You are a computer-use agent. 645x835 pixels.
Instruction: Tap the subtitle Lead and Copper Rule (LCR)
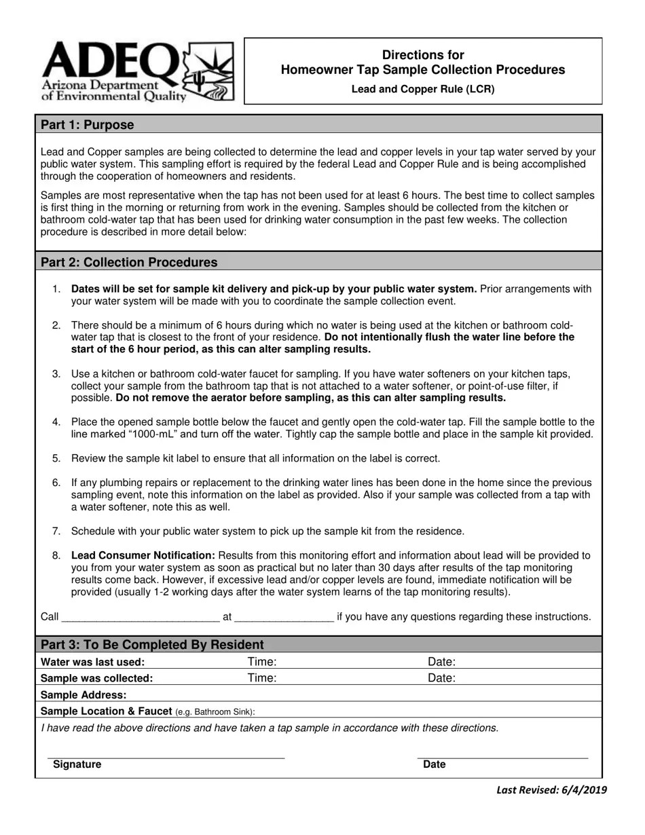click(x=422, y=89)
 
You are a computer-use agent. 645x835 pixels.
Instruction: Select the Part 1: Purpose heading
click(x=88, y=125)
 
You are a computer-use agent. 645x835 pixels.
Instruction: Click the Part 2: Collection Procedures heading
click(x=129, y=263)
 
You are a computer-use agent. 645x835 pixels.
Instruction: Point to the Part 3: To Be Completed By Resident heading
click(x=152, y=645)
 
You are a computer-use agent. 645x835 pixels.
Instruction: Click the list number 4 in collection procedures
click(x=56, y=422)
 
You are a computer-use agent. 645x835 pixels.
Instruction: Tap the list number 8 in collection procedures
click(x=56, y=555)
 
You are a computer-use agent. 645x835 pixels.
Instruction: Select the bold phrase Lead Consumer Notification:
click(x=143, y=555)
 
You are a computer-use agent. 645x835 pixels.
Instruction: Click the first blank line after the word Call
click(x=141, y=618)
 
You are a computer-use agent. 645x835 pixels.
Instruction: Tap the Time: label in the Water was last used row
click(x=262, y=662)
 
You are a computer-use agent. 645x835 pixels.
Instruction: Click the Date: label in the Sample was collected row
click(x=441, y=678)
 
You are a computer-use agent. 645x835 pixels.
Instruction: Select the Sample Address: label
click(x=84, y=695)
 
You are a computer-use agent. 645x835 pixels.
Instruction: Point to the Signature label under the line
click(x=77, y=764)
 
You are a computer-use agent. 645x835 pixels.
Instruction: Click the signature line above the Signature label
click(x=166, y=758)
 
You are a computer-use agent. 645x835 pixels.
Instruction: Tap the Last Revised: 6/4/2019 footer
click(x=551, y=790)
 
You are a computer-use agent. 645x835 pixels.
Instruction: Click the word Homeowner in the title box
click(x=313, y=70)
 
